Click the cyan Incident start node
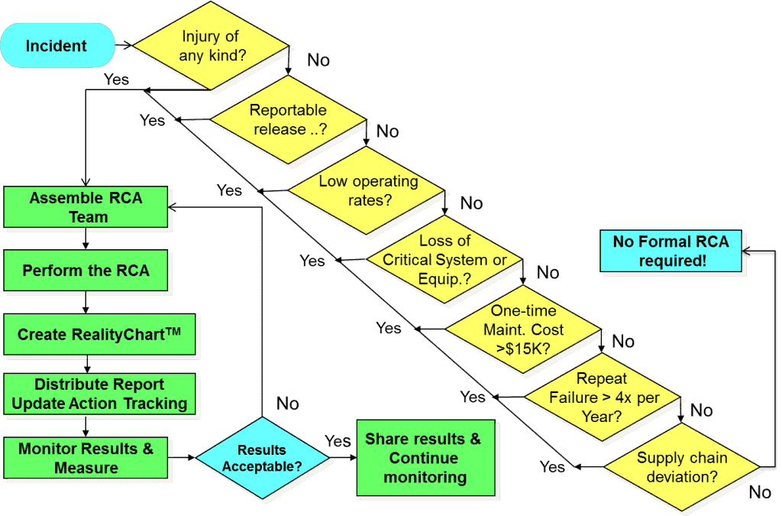pyautogui.click(x=57, y=45)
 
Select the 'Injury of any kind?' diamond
pyautogui.click(x=211, y=45)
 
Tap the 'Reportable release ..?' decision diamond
pyautogui.click(x=288, y=119)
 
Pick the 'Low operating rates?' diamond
pyautogui.click(x=367, y=190)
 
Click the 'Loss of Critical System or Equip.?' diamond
pyautogui.click(x=444, y=259)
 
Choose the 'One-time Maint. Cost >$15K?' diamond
pyautogui.click(x=523, y=329)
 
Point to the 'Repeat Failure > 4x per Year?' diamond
pyautogui.click(x=603, y=398)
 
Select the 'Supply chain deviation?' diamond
pyautogui.click(x=682, y=467)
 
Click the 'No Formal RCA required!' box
pyautogui.click(x=671, y=251)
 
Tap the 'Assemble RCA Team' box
pyautogui.click(x=86, y=207)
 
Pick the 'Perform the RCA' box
pyautogui.click(x=86, y=271)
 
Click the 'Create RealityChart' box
pyautogui.click(x=99, y=334)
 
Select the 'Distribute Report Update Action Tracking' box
pyautogui.click(x=99, y=394)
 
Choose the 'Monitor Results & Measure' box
pyautogui.click(x=86, y=458)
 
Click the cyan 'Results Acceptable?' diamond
pyautogui.click(x=263, y=458)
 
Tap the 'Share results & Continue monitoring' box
pyautogui.click(x=426, y=458)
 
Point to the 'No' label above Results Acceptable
pyautogui.click(x=288, y=403)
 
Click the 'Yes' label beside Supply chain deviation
pyautogui.click(x=552, y=466)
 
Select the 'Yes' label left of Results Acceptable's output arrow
pyautogui.click(x=338, y=441)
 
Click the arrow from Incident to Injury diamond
pyautogui.click(x=124, y=45)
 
